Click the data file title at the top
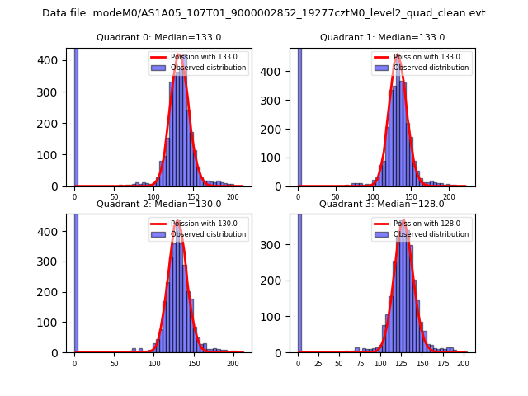pyautogui.click(x=264, y=13)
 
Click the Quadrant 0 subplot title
pyautogui.click(x=159, y=37)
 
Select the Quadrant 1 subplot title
pyautogui.click(x=383, y=37)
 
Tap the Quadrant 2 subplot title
pyautogui.click(x=159, y=204)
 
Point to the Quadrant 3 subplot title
pyautogui.click(x=382, y=204)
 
